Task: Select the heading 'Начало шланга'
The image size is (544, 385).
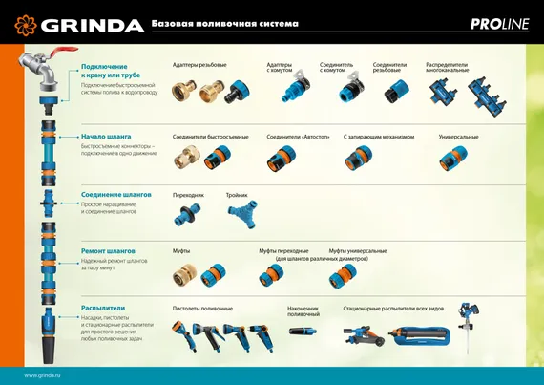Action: pyautogui.click(x=106, y=137)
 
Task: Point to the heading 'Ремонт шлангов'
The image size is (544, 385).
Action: pyautogui.click(x=108, y=250)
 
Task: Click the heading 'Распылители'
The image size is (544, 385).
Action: pyautogui.click(x=103, y=308)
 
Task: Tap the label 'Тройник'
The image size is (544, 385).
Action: pyautogui.click(x=237, y=194)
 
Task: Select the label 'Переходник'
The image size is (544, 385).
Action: pyautogui.click(x=188, y=194)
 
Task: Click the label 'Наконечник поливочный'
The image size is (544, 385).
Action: pyautogui.click(x=303, y=310)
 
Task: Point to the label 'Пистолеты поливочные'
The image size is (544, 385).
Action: pyautogui.click(x=201, y=309)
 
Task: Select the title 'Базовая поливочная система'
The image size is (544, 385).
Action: pyautogui.click(x=225, y=23)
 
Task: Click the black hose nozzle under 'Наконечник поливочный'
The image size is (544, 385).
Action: pyautogui.click(x=304, y=331)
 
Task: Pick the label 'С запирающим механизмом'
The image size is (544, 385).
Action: pyautogui.click(x=378, y=137)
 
